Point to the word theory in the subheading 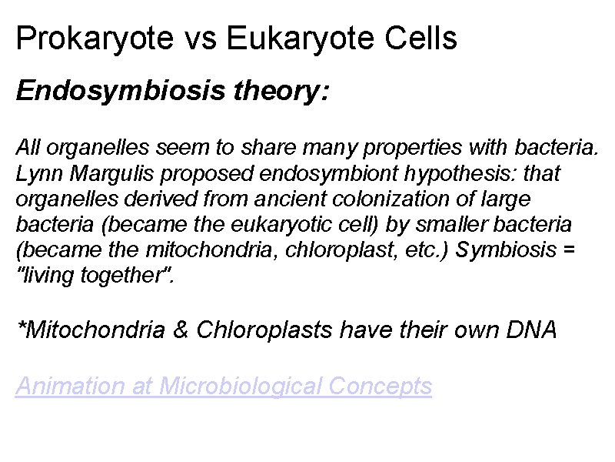[x=274, y=92]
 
